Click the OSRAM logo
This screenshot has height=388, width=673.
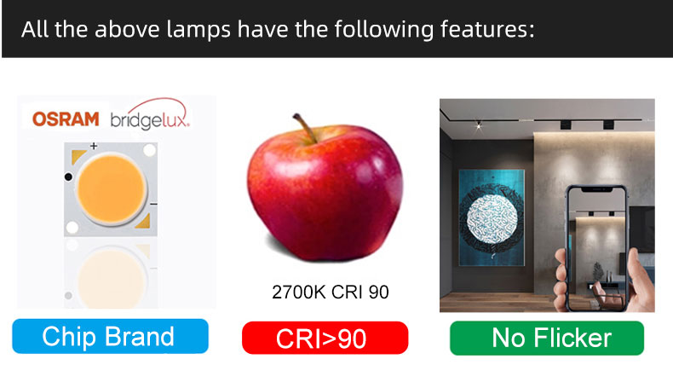click(66, 119)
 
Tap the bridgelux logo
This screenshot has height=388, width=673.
click(150, 115)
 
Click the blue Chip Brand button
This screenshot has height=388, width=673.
click(110, 336)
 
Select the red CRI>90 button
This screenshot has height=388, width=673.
click(325, 338)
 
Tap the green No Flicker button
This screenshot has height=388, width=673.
click(547, 338)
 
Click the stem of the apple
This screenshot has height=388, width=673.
click(306, 128)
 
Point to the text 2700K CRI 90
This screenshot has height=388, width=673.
click(331, 292)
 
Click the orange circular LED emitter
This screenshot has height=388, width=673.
click(111, 189)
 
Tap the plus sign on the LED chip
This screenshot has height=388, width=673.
click(94, 146)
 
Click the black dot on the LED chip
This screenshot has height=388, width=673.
click(68, 177)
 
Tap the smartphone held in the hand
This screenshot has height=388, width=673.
click(596, 247)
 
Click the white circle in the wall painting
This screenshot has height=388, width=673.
click(492, 219)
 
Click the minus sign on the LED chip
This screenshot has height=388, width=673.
click(153, 204)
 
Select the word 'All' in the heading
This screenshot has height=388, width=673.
click(34, 30)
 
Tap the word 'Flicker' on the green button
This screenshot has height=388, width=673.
click(572, 338)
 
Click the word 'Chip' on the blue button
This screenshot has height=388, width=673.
click(69, 337)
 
